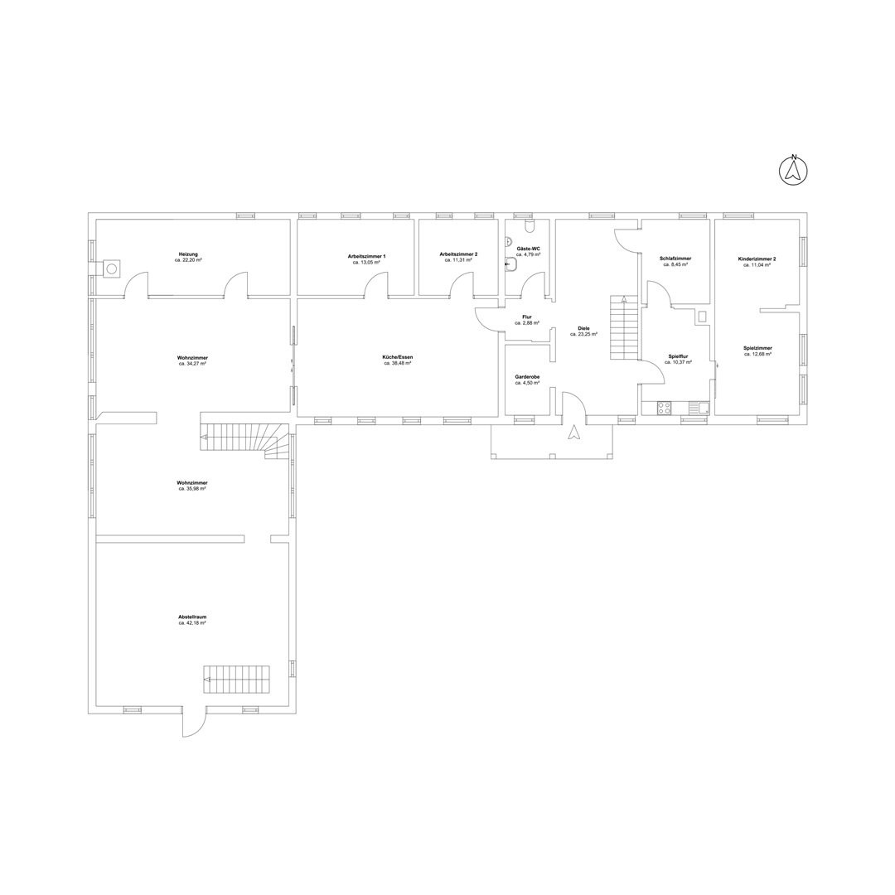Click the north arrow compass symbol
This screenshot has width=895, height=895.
click(x=793, y=170)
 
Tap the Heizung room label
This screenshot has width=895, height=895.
click(x=188, y=254)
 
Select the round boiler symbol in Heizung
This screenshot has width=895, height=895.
click(x=113, y=268)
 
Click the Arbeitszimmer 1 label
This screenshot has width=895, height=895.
click(x=366, y=257)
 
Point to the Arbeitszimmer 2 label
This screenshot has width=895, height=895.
click(x=458, y=254)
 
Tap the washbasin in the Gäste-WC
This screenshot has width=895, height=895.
click(x=511, y=264)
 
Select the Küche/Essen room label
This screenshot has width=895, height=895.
click(x=397, y=357)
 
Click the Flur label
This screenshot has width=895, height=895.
click(x=527, y=317)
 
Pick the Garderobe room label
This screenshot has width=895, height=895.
click(x=527, y=377)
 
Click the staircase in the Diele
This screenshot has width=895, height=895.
click(x=624, y=327)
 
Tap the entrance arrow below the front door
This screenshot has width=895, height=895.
click(x=573, y=433)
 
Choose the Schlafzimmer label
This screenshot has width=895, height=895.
click(x=675, y=259)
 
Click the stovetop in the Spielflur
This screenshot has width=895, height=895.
click(x=665, y=408)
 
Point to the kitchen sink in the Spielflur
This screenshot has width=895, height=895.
click(x=699, y=408)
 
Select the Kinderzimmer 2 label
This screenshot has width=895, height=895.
click(x=757, y=259)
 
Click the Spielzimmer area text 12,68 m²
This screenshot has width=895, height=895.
click(x=758, y=354)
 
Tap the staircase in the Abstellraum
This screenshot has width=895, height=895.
click(x=236, y=680)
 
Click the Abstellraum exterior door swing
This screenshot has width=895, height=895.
click(x=193, y=724)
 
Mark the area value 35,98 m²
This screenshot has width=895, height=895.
click(x=191, y=489)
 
